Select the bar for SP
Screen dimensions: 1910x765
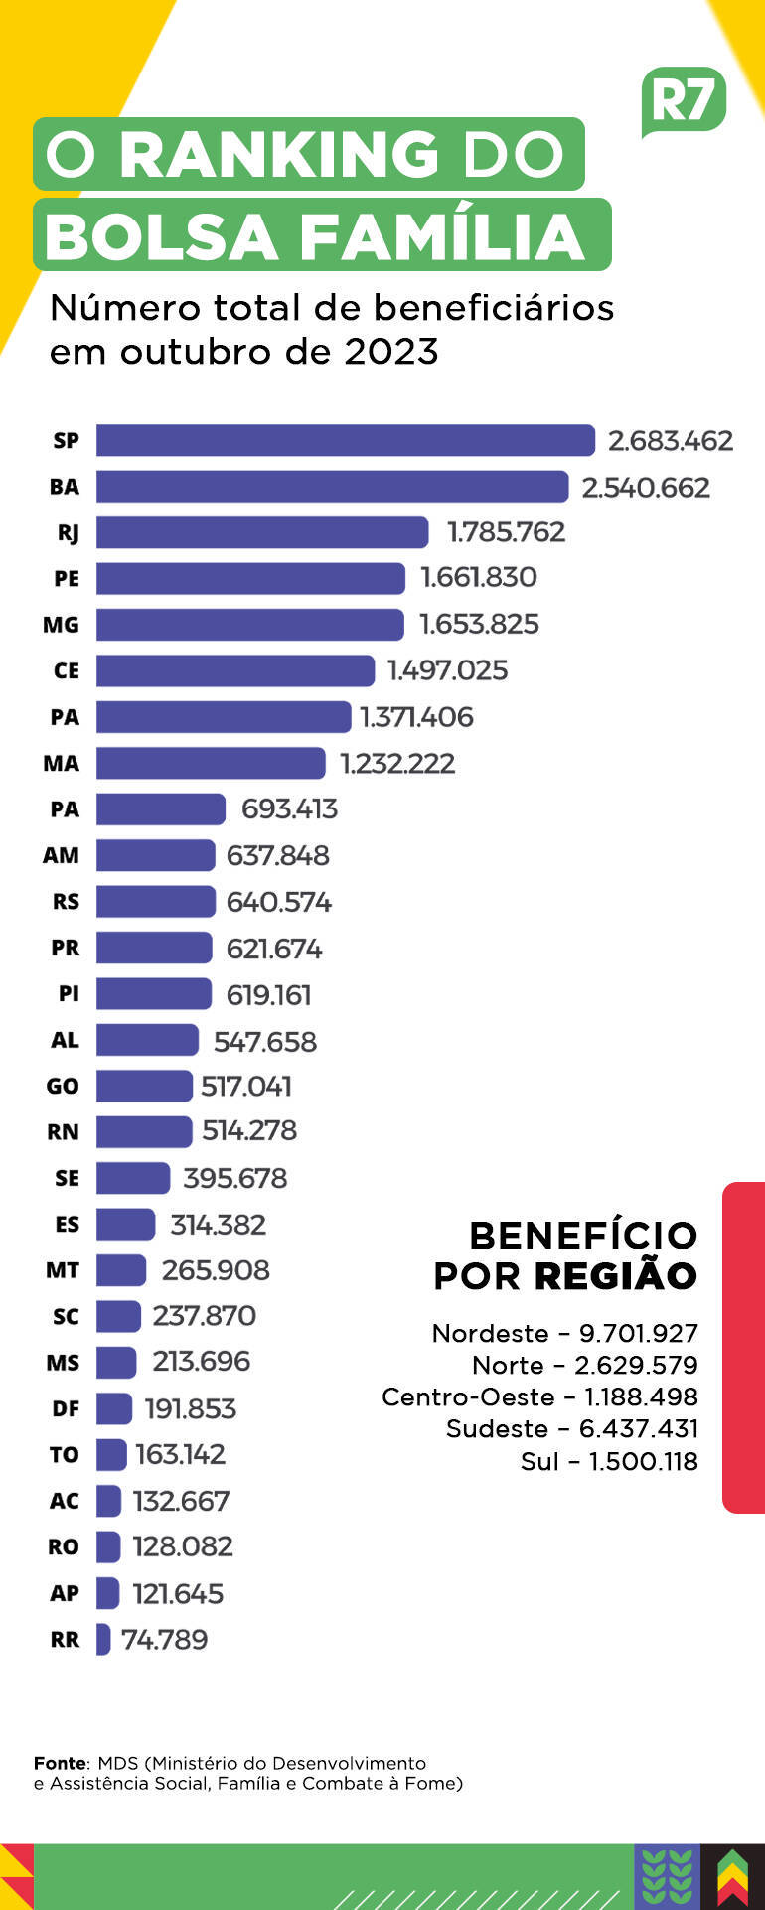point(345,440)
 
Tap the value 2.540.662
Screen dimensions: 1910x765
point(646,488)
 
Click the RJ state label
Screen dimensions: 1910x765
point(68,533)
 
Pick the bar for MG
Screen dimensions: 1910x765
point(249,625)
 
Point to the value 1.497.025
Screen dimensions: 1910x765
point(447,670)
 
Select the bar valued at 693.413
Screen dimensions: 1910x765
point(160,809)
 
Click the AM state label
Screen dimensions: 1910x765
point(61,855)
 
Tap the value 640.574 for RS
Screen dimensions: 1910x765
point(278,902)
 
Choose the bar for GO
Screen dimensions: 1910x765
point(144,1087)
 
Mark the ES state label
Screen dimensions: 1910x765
point(67,1225)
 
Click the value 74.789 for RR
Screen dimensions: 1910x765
point(164,1640)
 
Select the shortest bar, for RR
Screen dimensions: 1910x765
point(103,1640)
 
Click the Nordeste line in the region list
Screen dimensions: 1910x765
point(564,1333)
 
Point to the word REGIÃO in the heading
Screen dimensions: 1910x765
point(615,1276)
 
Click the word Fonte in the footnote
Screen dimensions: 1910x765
point(60,1763)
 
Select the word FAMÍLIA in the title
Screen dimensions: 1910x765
point(441,236)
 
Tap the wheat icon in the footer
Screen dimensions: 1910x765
point(667,1876)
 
